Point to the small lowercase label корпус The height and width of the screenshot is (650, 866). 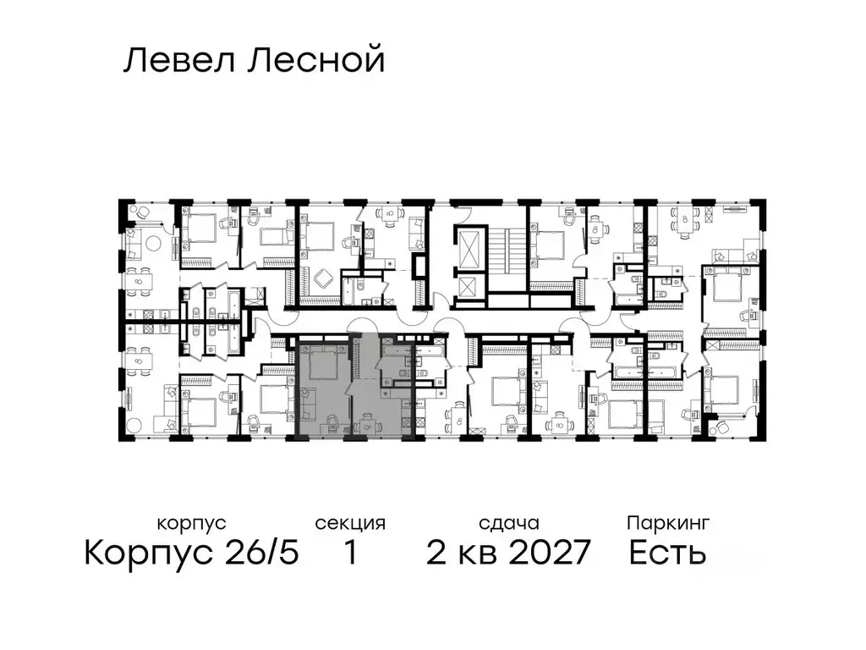point(192,523)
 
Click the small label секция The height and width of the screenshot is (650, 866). point(350,523)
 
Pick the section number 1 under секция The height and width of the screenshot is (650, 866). point(350,554)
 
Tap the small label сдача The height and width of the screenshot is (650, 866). point(507,523)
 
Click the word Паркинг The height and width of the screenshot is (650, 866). point(668,523)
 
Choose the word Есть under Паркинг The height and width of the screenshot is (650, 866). point(668,554)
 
